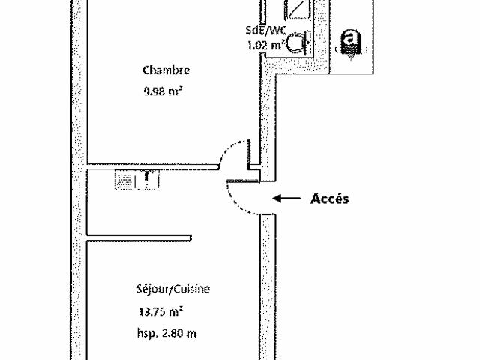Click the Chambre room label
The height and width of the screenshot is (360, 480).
point(166,70)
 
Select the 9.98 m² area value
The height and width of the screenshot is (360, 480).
point(163,91)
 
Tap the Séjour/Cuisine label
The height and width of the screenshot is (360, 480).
point(173,289)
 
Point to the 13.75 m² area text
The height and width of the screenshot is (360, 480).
point(161,312)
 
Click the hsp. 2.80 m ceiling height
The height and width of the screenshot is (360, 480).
point(166,333)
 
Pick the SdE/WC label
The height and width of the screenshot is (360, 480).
point(266,30)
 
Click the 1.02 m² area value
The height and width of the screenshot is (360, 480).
point(265,46)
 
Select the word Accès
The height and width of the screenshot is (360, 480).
point(330,199)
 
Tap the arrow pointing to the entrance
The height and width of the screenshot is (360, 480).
point(286,198)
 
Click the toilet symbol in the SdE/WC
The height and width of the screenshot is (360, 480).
point(297,43)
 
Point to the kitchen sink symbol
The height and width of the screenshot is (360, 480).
point(147,180)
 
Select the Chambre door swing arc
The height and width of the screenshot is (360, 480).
point(228,148)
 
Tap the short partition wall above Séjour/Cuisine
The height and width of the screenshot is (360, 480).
point(139,238)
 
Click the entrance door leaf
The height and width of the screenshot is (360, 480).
point(243,181)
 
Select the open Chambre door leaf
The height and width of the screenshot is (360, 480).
point(249,154)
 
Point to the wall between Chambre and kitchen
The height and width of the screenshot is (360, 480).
point(153,166)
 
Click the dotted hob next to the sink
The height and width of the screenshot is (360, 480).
point(124,181)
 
